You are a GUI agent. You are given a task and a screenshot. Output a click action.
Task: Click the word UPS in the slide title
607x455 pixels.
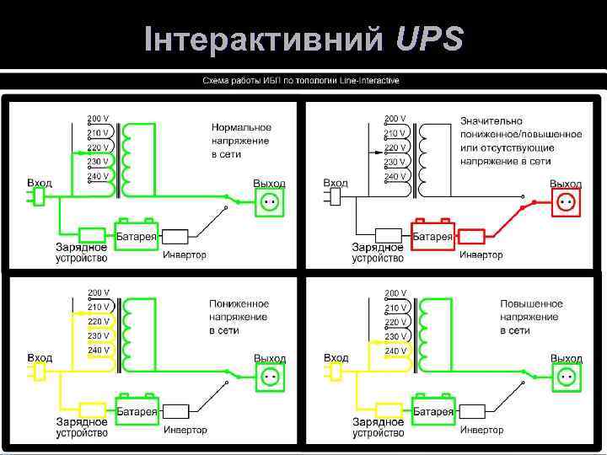(x=428, y=39)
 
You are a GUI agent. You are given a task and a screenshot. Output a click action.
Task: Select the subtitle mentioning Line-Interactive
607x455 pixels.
(x=300, y=81)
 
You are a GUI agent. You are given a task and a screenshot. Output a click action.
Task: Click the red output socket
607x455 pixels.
(x=566, y=202)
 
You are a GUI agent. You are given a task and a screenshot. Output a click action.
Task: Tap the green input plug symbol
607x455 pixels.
(x=36, y=196)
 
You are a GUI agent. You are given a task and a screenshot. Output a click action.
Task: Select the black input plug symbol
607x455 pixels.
(x=333, y=196)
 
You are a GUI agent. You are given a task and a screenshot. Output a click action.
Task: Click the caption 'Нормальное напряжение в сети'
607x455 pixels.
(x=241, y=141)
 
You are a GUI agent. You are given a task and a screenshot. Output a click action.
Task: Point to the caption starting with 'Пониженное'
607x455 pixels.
(x=239, y=316)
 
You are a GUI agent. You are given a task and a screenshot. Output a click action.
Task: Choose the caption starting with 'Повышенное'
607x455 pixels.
(x=531, y=316)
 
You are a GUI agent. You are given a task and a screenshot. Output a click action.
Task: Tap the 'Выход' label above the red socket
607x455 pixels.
(x=566, y=184)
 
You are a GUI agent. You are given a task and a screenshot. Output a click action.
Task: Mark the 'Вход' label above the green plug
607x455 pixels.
(x=39, y=183)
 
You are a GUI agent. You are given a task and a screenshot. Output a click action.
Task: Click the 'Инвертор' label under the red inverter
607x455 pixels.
(x=481, y=254)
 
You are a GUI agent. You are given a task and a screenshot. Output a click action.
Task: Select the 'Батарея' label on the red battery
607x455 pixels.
(x=432, y=237)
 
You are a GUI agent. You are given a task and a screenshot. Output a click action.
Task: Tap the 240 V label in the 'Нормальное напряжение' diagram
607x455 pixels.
(x=99, y=175)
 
